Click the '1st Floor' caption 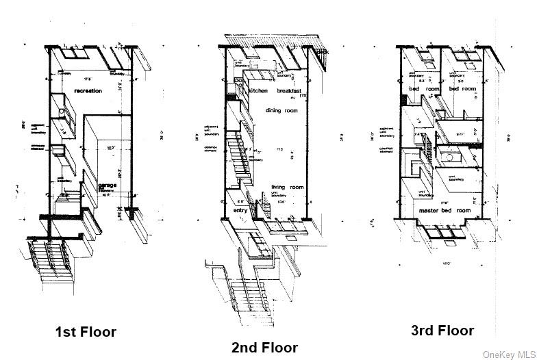(86, 332)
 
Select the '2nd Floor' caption (264, 348)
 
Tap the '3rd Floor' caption (442, 331)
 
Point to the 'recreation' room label (88, 90)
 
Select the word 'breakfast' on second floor (292, 90)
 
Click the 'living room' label (287, 187)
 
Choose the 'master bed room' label (446, 210)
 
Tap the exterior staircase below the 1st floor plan (51, 263)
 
